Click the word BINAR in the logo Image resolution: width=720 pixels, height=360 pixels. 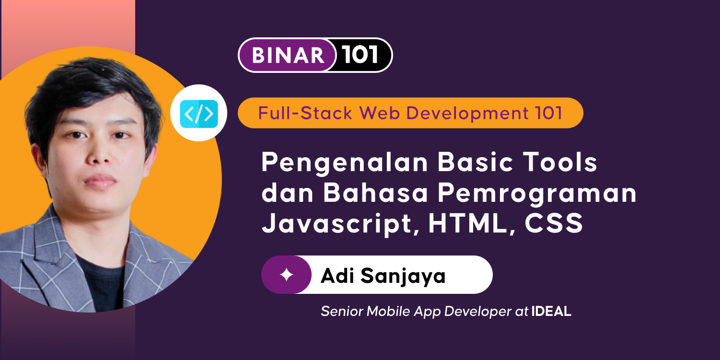click(x=288, y=56)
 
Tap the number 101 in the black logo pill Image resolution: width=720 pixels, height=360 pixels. click(x=360, y=55)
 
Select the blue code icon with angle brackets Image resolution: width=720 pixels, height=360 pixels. click(x=199, y=114)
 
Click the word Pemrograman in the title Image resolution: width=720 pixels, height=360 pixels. click(x=537, y=193)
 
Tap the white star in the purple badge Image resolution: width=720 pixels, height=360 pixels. click(x=286, y=275)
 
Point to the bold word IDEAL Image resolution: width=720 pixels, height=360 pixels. click(x=551, y=312)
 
